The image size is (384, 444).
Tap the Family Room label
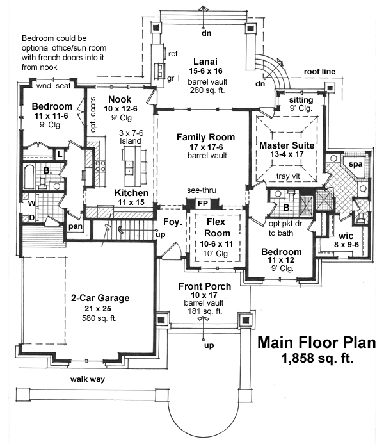pyautogui.click(x=205, y=137)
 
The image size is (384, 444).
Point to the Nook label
pyautogui.click(x=120, y=99)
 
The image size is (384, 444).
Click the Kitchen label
pyautogui.click(x=132, y=193)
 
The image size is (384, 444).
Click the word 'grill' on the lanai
pyautogui.click(x=173, y=78)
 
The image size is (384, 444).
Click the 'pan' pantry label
pyautogui.click(x=74, y=226)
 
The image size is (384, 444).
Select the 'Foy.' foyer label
pyautogui.click(x=171, y=222)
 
